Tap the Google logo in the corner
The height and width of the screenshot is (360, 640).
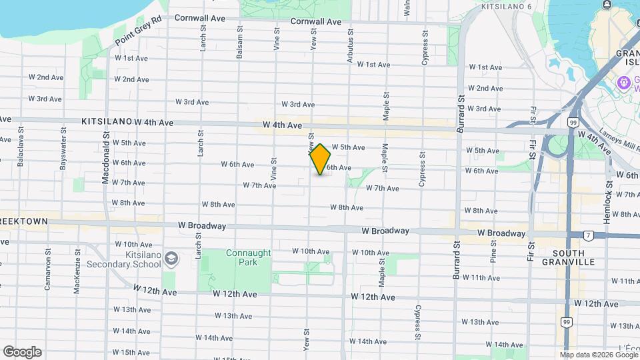(22, 351)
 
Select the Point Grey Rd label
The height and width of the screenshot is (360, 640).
(138, 31)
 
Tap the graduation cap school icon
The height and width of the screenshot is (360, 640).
(171, 258)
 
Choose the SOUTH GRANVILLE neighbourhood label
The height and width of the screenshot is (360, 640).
(573, 257)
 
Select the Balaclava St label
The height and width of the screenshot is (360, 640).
(21, 143)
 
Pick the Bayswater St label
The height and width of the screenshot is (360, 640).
(63, 154)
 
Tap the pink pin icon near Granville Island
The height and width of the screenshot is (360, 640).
(624, 83)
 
